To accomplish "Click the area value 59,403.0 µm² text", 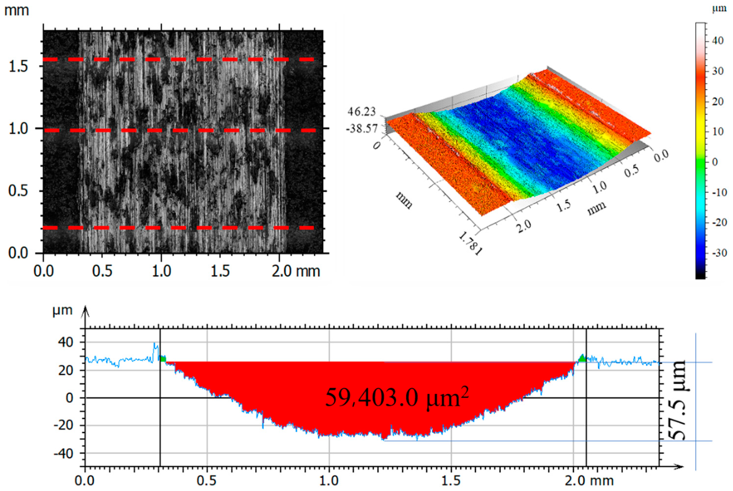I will click(397, 398).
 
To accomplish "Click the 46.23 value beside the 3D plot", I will click(361, 112).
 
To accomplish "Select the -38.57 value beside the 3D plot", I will click(362, 128).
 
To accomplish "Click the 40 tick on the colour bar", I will click(717, 41).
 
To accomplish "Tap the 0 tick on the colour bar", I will click(715, 162).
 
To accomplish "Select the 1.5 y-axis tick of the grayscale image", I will click(18, 66).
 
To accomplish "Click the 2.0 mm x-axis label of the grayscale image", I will click(295, 271).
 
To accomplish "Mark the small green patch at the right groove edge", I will click(582, 358).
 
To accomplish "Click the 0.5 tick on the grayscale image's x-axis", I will click(102, 271).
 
